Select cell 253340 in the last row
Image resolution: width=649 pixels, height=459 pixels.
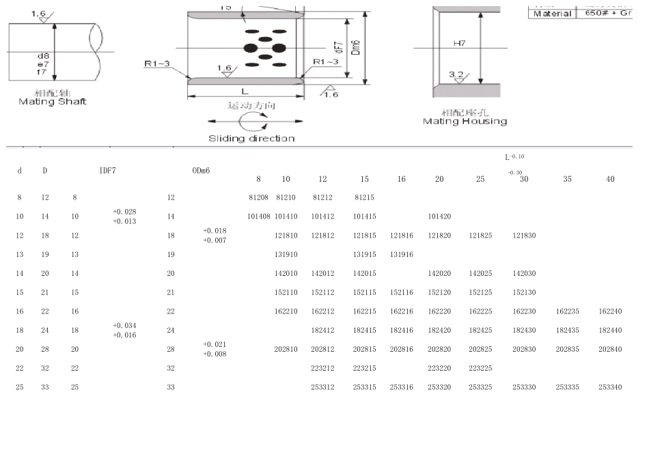609,387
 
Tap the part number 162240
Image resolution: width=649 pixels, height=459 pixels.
609,311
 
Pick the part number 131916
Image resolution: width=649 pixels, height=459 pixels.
401,254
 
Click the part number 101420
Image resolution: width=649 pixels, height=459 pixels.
439,217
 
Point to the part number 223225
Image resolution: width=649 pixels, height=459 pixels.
480,368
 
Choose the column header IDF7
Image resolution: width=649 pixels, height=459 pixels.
108,170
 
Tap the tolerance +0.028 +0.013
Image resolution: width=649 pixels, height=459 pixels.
124,217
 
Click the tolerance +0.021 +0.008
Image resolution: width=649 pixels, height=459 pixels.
215,349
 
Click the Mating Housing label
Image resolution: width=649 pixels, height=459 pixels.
465,121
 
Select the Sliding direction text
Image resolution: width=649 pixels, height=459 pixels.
251,139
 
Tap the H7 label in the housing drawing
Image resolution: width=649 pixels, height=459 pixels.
459,43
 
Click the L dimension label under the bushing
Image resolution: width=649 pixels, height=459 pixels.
244,91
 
